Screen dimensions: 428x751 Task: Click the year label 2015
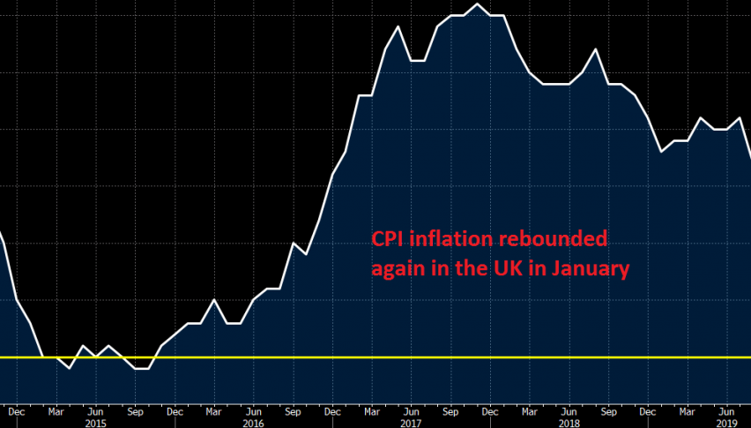pos(97,422)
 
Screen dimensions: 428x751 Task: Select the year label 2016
pos(254,422)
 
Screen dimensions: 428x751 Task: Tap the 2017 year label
pos(411,422)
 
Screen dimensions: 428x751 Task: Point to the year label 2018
pos(569,422)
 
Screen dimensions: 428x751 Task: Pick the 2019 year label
pos(725,422)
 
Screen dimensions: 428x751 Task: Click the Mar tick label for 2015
pos(56,410)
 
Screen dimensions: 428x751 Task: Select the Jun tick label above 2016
pos(254,410)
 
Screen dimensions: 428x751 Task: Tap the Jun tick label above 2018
pos(569,410)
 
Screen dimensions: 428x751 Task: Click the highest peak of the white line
pos(477,4)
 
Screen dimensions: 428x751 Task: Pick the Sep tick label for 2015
pos(136,410)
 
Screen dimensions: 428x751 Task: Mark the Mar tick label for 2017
pos(371,410)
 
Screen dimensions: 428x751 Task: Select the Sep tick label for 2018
pos(608,410)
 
